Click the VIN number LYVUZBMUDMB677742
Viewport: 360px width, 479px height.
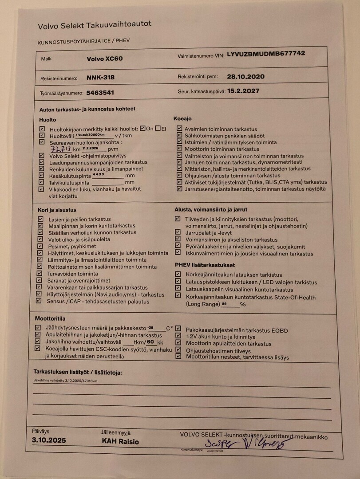pyautogui.click(x=265, y=54)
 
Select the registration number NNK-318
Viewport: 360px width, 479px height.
pyautogui.click(x=100, y=78)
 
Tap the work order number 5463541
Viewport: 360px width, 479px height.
pyautogui.click(x=100, y=93)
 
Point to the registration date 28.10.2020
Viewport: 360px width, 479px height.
pyautogui.click(x=245, y=76)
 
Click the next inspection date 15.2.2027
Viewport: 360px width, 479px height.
pyautogui.click(x=243, y=91)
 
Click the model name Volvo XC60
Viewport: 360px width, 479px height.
pyautogui.click(x=105, y=59)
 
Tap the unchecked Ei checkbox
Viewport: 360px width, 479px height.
pyautogui.click(x=158, y=129)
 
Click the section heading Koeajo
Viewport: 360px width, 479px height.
pyautogui.click(x=182, y=119)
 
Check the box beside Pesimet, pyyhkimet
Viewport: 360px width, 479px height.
pyautogui.click(x=40, y=246)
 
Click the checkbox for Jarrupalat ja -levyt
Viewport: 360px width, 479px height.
pyautogui.click(x=178, y=232)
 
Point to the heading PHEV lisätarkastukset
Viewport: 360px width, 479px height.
pyautogui.click(x=205, y=265)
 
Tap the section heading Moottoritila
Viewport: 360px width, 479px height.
pyautogui.click(x=50, y=318)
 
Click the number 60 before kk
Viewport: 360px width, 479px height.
pyautogui.click(x=150, y=342)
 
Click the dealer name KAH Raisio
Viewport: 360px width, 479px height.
pyautogui.click(x=120, y=442)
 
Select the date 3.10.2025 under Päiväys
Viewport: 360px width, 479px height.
pyautogui.click(x=49, y=440)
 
